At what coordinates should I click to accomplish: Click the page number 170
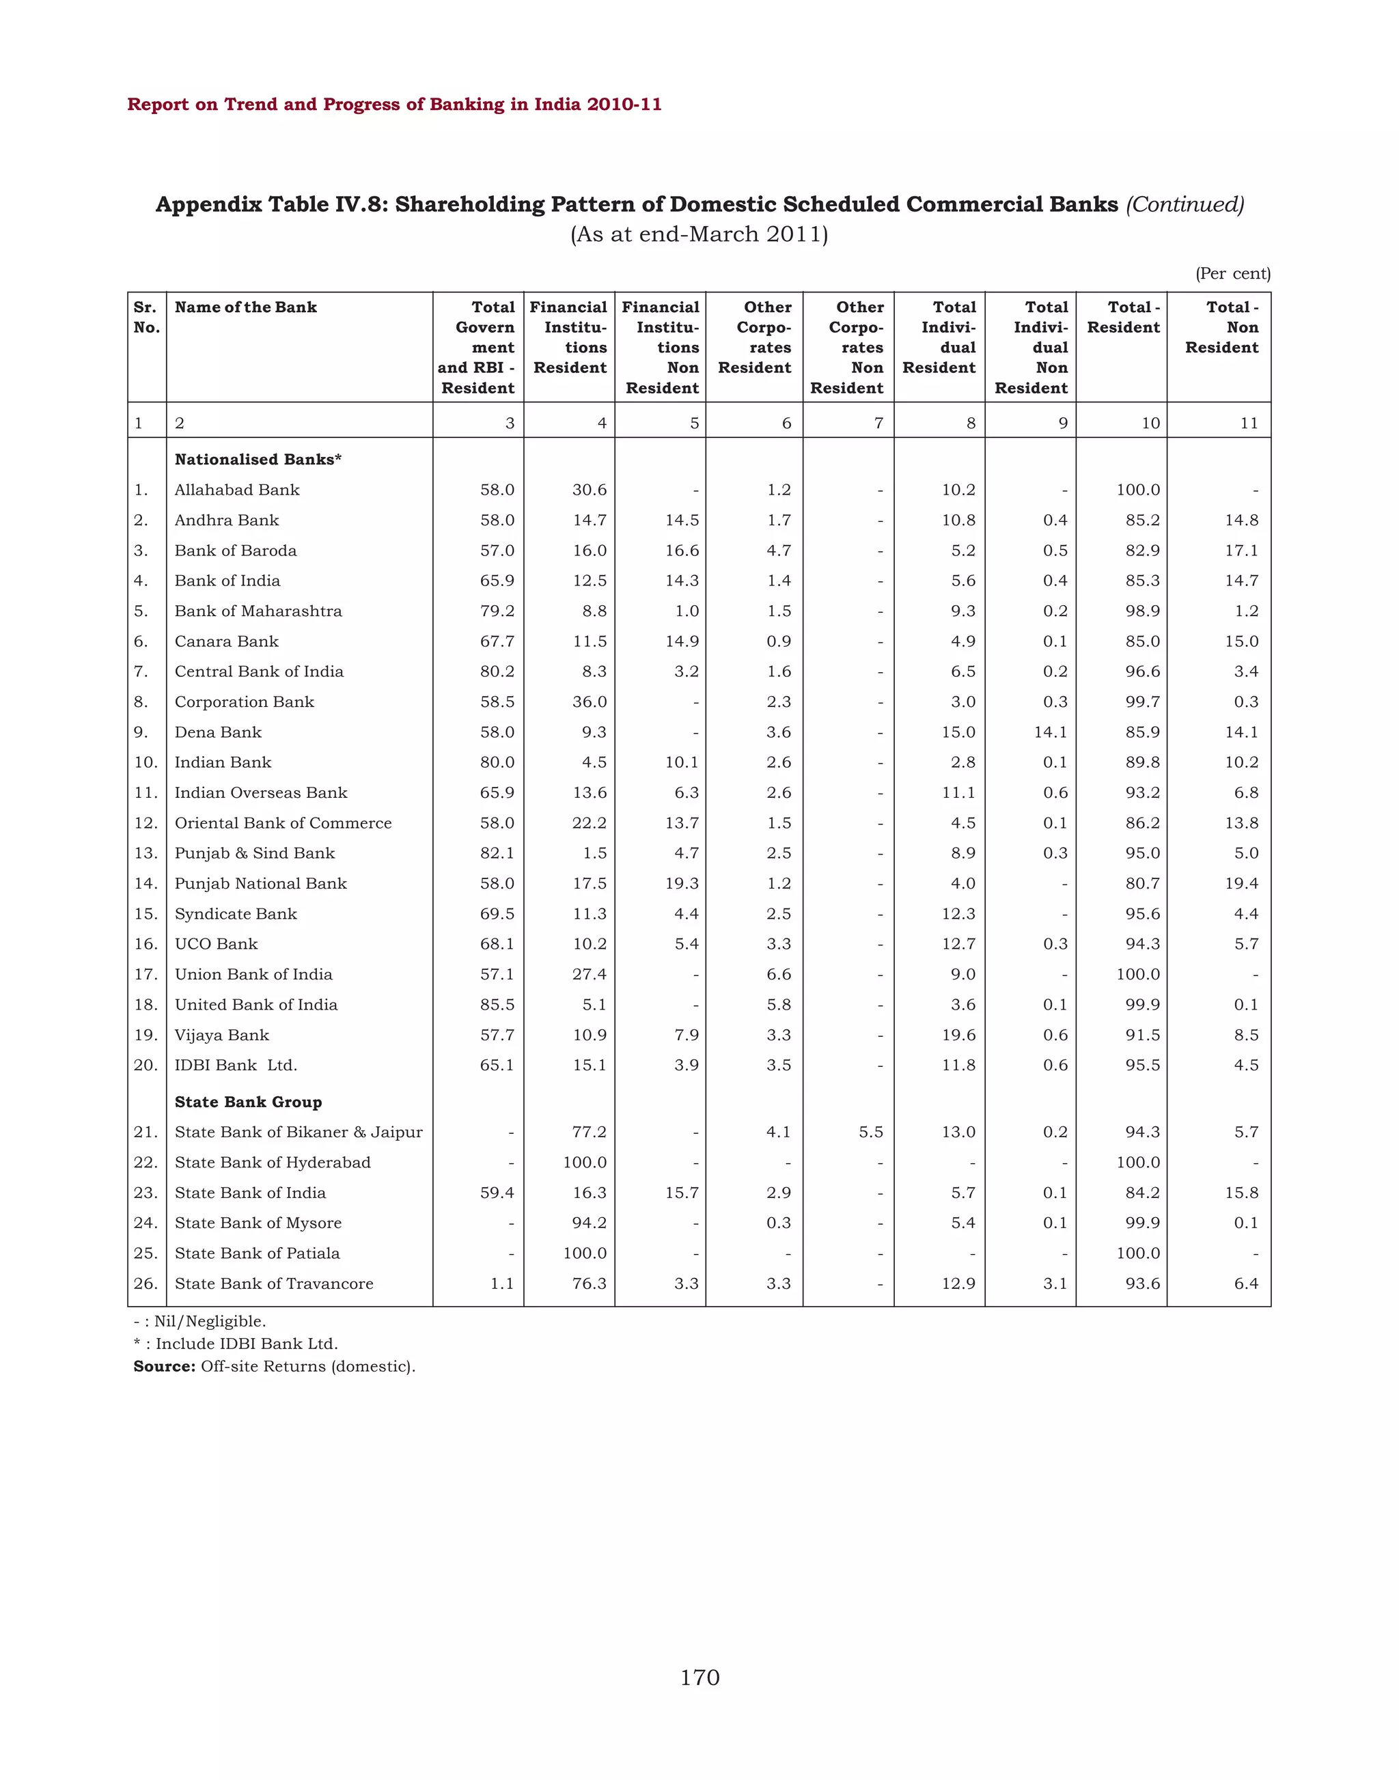click(699, 1678)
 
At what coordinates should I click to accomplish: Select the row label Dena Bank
click(218, 732)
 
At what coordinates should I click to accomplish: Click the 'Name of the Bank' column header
click(246, 307)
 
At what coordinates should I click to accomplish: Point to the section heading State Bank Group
click(248, 1102)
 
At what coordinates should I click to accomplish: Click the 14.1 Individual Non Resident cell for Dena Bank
click(1050, 732)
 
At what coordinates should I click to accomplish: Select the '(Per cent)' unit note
click(1233, 274)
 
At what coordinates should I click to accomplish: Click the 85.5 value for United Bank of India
click(497, 1004)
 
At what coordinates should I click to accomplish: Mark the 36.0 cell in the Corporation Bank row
click(589, 702)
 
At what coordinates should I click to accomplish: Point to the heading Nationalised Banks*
click(258, 460)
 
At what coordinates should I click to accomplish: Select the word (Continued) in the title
click(1185, 204)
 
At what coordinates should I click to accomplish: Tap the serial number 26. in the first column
click(146, 1283)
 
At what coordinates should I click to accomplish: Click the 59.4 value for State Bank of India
click(497, 1193)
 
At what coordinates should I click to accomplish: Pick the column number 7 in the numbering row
click(879, 423)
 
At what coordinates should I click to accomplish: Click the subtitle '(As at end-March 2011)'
click(699, 235)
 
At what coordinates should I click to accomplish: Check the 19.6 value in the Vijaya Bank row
click(958, 1035)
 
